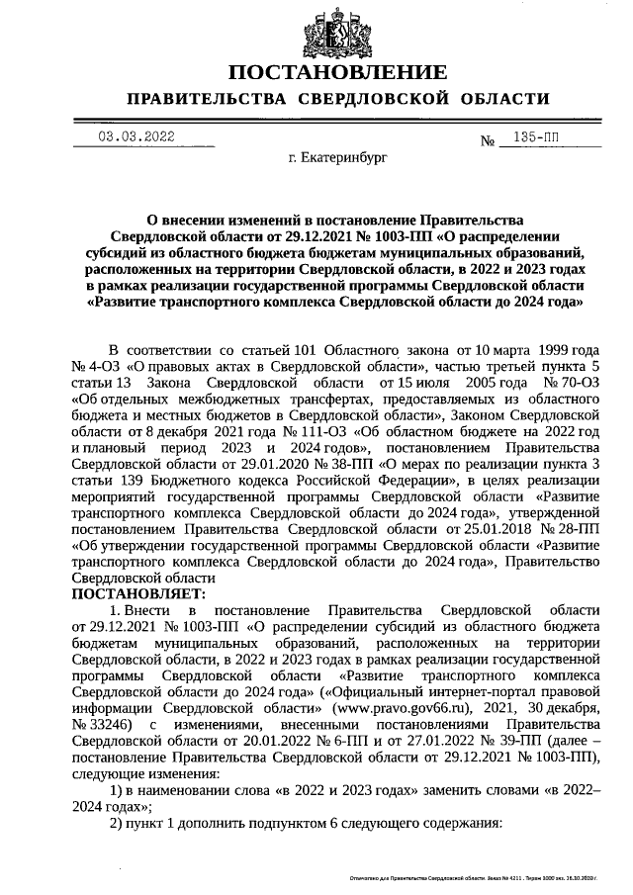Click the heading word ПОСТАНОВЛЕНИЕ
[x=337, y=72]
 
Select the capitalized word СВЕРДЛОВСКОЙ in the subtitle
[x=367, y=99]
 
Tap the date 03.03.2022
[x=136, y=137]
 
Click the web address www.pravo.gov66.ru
[x=405, y=709]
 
